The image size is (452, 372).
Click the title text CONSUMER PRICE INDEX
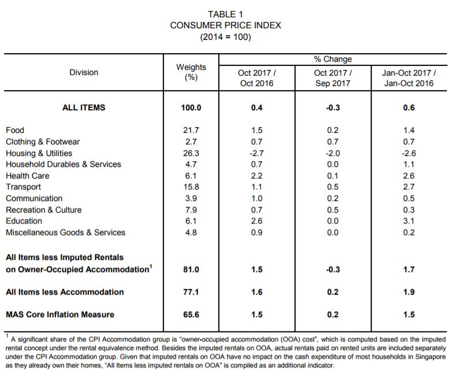click(226, 25)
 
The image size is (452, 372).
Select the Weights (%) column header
click(191, 72)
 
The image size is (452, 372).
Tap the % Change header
click(333, 59)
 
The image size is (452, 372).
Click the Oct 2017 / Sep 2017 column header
click(333, 78)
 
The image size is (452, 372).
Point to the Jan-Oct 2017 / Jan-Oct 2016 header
click(409, 78)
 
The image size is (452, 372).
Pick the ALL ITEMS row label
click(84, 107)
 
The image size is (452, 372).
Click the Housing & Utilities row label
click(39, 153)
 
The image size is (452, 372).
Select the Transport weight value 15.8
click(191, 187)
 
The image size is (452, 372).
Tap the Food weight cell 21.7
click(191, 130)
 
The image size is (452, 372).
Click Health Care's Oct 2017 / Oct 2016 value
click(256, 176)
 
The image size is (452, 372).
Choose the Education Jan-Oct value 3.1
click(409, 221)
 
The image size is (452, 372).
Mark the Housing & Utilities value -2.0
click(333, 153)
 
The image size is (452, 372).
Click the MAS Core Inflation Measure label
click(60, 314)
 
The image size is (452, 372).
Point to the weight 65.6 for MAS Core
click(191, 314)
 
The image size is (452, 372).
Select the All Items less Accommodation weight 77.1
click(191, 292)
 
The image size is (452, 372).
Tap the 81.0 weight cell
click(191, 269)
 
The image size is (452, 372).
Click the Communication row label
click(34, 198)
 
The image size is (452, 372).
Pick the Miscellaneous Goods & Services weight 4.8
click(191, 232)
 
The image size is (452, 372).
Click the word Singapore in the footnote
click(431, 357)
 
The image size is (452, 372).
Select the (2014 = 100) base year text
click(226, 37)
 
